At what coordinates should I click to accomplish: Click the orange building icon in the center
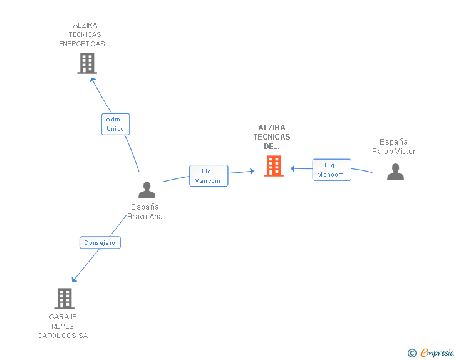(274, 166)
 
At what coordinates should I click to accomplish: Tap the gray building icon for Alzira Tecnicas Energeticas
(87, 63)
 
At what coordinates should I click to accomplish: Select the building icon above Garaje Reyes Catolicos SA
(65, 299)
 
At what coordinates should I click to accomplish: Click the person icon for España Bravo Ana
(147, 190)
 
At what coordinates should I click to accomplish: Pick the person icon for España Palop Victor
(395, 172)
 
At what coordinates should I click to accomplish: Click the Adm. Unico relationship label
(115, 124)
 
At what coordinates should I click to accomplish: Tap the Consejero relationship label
(100, 242)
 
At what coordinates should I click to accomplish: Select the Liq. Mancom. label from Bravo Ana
(209, 175)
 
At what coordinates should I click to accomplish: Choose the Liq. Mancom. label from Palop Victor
(331, 170)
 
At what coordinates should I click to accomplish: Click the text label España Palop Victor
(393, 147)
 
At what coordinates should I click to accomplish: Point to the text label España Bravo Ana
(145, 212)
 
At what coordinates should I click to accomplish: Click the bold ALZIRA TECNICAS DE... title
(272, 137)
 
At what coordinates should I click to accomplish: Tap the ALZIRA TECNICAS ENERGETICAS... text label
(85, 35)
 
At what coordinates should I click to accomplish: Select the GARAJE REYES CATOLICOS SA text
(63, 326)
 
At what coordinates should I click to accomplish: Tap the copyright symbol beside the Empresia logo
(412, 353)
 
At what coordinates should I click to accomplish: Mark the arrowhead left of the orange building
(251, 170)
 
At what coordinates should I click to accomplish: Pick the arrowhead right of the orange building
(293, 168)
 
